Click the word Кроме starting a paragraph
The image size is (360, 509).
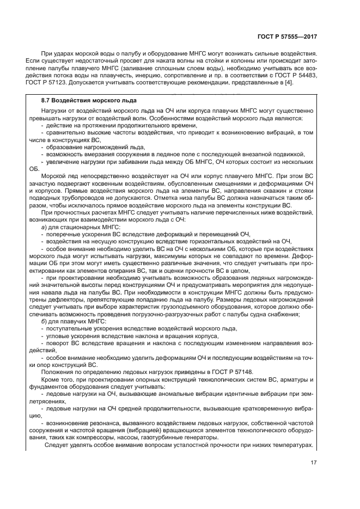(x=52, y=379)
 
